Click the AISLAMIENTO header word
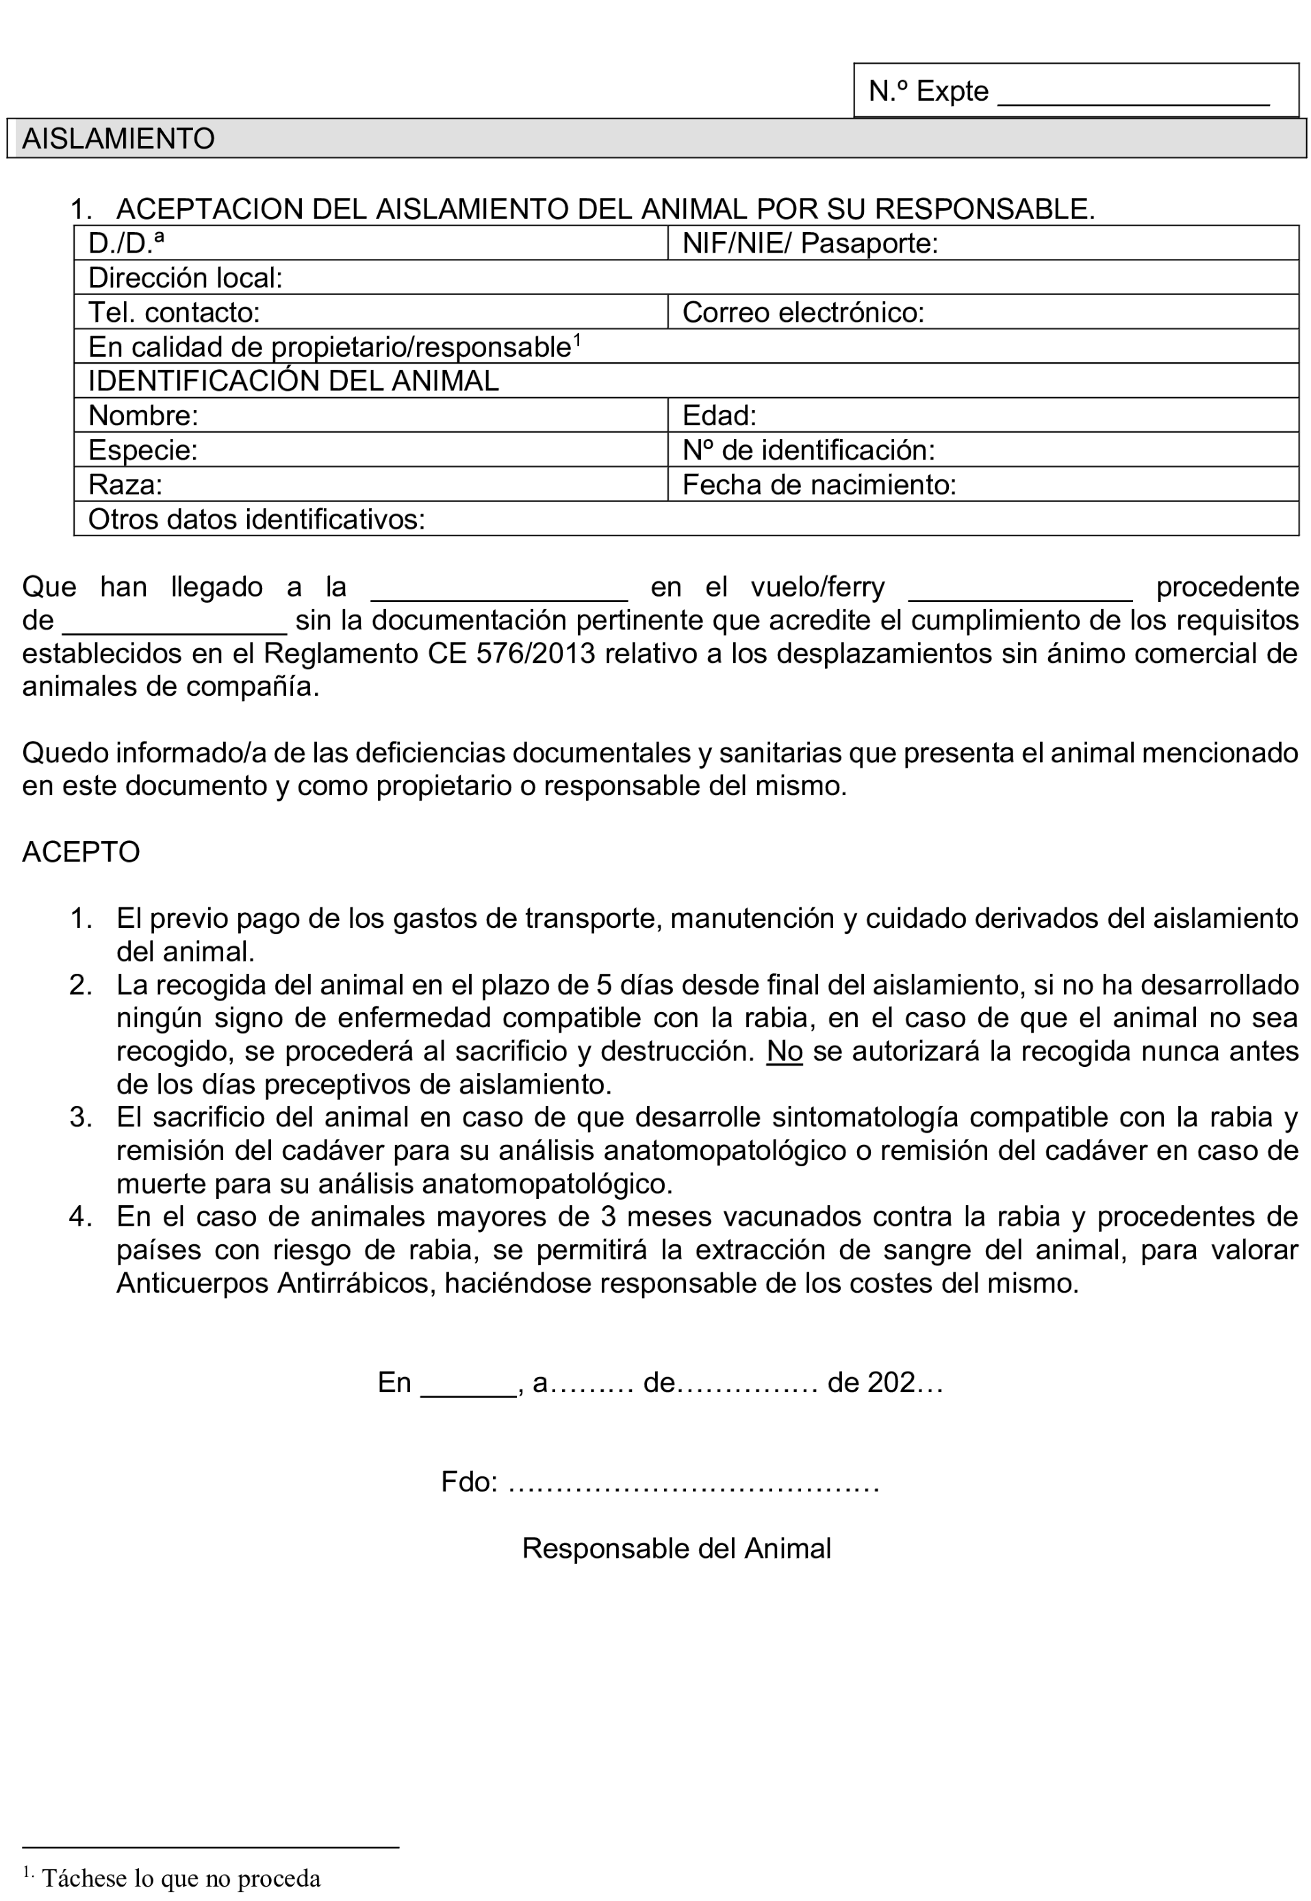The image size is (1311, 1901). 118,138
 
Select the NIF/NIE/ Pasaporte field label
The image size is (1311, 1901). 809,243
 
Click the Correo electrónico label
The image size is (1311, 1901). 802,312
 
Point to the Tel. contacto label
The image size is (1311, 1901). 173,312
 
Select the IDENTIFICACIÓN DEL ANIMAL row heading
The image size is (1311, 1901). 293,381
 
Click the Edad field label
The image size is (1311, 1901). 719,416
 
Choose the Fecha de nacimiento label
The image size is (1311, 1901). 819,485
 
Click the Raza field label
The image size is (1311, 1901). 125,485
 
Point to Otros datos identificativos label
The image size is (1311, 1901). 256,519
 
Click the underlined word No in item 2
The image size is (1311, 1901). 784,1052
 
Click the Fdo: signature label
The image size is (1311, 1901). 469,1481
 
